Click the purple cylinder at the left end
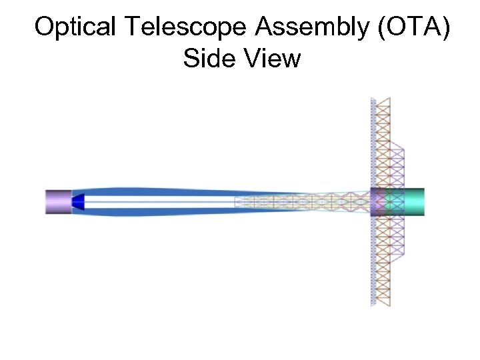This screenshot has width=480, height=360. (58, 202)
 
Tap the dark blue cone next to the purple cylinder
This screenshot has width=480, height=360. (78, 202)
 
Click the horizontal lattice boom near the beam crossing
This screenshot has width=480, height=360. (300, 202)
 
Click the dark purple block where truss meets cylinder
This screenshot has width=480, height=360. (378, 202)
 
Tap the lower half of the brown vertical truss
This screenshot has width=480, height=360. (383, 260)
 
